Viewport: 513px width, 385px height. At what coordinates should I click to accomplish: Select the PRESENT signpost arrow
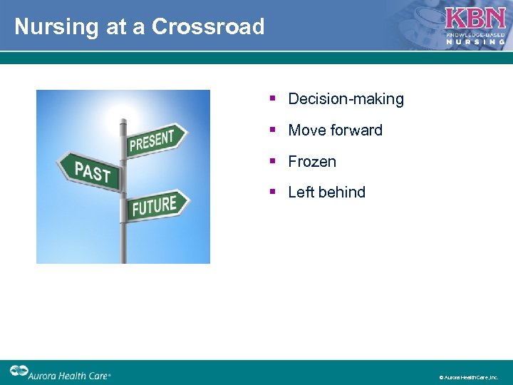156,140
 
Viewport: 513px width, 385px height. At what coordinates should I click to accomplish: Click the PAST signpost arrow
91,172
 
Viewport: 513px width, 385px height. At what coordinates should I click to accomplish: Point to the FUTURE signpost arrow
157,205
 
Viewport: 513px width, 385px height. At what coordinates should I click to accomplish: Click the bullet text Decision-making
346,99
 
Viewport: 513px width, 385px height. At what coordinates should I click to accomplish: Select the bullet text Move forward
335,130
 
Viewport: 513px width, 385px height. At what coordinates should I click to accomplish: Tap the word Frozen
312,162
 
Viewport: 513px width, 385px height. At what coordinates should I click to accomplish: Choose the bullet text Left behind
326,192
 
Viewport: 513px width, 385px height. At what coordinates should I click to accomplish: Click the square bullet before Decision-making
273,99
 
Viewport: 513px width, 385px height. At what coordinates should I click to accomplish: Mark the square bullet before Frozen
273,162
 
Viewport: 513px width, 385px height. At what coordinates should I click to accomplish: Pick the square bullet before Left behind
273,192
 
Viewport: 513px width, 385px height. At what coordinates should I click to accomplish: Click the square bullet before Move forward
273,130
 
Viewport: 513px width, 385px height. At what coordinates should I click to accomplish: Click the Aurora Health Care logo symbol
19,371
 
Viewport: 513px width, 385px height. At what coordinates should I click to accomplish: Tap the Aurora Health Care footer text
70,373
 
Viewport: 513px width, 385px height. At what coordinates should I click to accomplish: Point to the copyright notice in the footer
468,377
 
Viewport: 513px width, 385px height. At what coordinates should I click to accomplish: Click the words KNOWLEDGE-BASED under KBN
475,34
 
